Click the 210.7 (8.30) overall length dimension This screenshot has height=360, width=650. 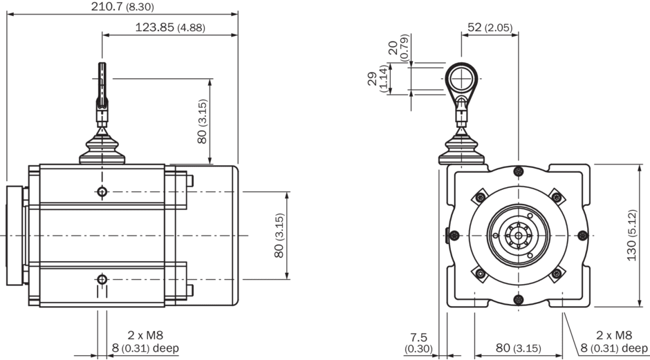click(122, 7)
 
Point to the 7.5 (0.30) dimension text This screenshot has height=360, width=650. click(419, 343)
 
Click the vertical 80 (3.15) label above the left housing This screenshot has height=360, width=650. click(202, 122)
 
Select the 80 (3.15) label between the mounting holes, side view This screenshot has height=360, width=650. click(279, 236)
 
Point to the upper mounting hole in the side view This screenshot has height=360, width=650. click(102, 191)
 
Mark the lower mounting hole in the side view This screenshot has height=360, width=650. click(102, 279)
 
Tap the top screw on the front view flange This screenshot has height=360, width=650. click(518, 172)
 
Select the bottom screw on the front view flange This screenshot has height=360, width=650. click(518, 299)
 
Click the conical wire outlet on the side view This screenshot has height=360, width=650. click(102, 147)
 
